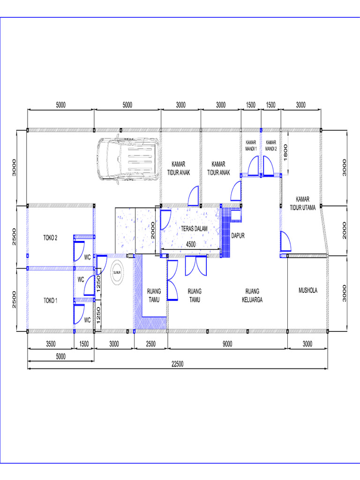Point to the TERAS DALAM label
[x=194, y=228]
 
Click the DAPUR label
[x=238, y=236]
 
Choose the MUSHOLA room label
[x=308, y=290]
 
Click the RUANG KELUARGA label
[x=251, y=296]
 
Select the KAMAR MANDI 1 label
[x=251, y=145]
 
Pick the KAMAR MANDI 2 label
[x=271, y=145]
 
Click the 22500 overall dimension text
[x=178, y=364]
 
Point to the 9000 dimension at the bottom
[x=227, y=344]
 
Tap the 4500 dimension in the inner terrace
[x=191, y=245]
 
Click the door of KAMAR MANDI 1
[x=253, y=166]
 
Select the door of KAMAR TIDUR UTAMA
[x=284, y=242]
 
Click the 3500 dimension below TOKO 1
[x=51, y=344]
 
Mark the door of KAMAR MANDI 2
[x=269, y=166]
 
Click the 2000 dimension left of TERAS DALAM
[x=152, y=231]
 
